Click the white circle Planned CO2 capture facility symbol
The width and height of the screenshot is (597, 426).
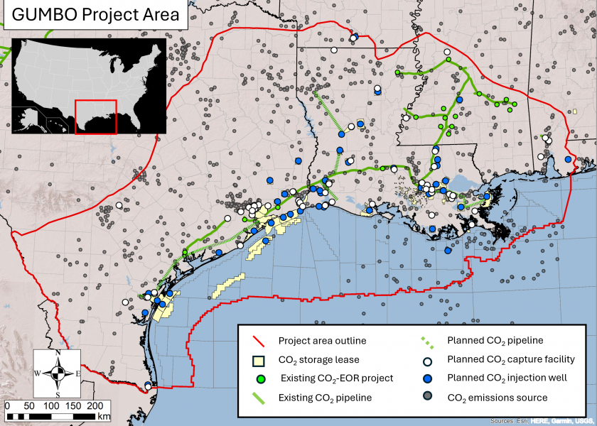429,360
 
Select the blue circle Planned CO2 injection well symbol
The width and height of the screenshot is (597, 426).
429,378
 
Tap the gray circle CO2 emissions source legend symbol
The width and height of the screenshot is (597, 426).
429,398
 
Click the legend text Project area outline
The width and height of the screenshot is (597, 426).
321,342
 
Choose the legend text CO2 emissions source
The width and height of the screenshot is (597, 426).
497,398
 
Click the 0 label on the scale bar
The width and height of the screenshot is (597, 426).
7,405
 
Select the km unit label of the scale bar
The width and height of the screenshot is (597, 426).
104,415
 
